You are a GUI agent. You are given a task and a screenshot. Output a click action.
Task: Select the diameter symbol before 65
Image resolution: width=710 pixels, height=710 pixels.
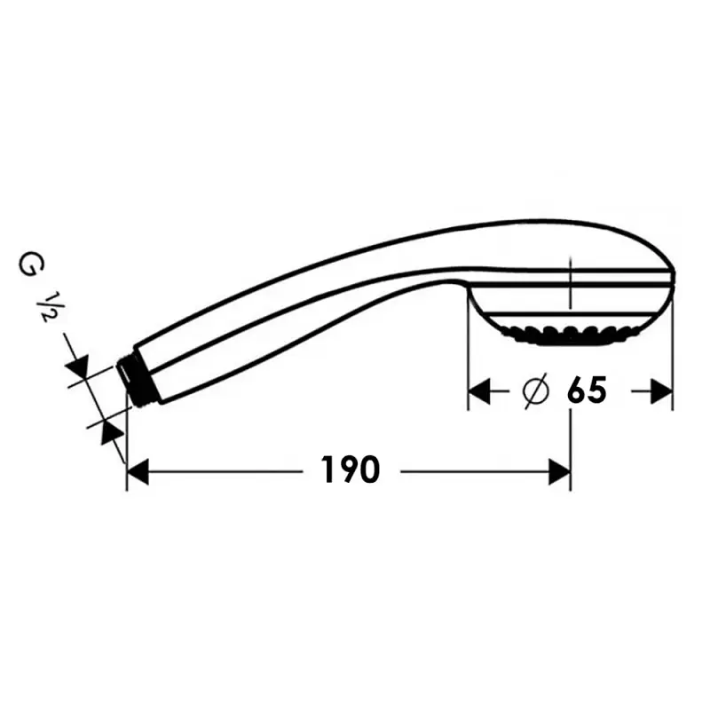[535, 390]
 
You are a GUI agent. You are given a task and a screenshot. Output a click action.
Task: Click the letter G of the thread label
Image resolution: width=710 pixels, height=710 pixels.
[29, 264]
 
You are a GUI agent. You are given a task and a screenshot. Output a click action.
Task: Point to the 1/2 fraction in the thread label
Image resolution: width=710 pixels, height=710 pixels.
[46, 305]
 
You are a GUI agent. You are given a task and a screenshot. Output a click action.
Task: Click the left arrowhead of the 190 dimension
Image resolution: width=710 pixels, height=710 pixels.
[138, 471]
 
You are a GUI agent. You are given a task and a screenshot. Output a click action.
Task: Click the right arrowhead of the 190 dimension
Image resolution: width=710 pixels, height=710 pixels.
[559, 471]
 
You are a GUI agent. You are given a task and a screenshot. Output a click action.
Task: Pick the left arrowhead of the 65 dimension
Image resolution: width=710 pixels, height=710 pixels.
[479, 391]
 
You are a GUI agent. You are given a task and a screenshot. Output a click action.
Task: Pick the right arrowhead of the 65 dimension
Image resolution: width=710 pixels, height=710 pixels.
[660, 391]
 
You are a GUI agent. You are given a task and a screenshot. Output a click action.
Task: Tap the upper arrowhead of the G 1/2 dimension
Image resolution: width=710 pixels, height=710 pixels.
[77, 367]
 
